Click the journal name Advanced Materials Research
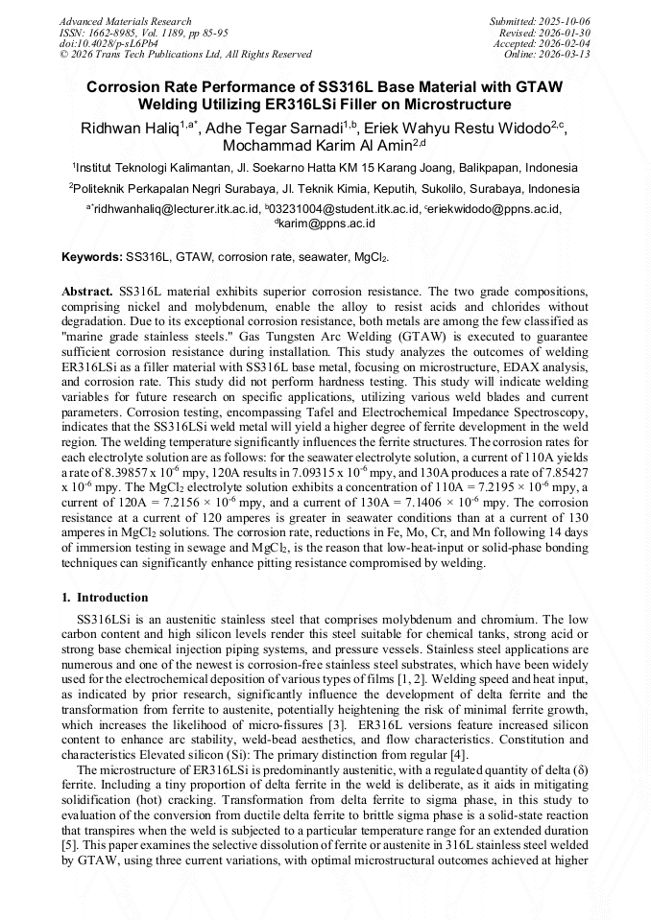(125, 21)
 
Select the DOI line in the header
(112, 44)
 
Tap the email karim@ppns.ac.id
(327, 223)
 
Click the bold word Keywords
(91, 258)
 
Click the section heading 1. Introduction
(105, 598)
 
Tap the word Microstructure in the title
(455, 104)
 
